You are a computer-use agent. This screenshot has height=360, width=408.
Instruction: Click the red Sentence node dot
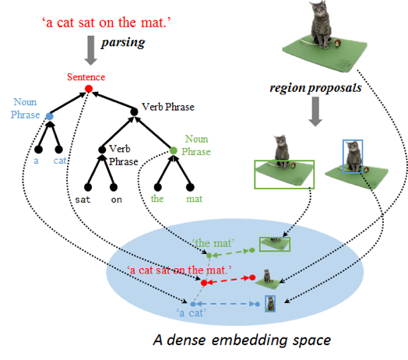click(x=89, y=89)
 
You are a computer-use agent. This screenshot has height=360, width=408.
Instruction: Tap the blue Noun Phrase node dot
click(x=49, y=116)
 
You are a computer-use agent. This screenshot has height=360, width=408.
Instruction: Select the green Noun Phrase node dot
click(x=174, y=150)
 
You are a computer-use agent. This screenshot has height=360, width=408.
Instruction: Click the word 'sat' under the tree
click(x=83, y=199)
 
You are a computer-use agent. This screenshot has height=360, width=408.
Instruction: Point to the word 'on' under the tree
click(x=116, y=199)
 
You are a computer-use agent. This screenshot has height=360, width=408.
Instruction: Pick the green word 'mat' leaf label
click(x=194, y=199)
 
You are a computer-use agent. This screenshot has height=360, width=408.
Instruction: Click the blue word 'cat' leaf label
click(x=60, y=161)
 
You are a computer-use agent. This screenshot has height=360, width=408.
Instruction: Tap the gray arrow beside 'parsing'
click(x=91, y=51)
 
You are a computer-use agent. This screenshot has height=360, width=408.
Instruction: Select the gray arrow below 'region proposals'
click(x=315, y=111)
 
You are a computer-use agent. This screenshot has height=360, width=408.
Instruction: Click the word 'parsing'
click(x=123, y=42)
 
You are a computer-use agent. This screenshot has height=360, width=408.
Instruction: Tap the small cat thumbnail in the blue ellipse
click(x=270, y=304)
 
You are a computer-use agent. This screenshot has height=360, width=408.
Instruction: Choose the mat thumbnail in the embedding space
click(x=275, y=244)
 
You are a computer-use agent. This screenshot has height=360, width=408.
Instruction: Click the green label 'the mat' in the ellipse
click(x=213, y=243)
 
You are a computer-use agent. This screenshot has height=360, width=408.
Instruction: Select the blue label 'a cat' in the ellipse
click(x=192, y=312)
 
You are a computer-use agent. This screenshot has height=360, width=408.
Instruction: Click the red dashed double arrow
click(x=228, y=280)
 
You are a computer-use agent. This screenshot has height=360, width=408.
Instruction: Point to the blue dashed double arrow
click(x=225, y=304)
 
